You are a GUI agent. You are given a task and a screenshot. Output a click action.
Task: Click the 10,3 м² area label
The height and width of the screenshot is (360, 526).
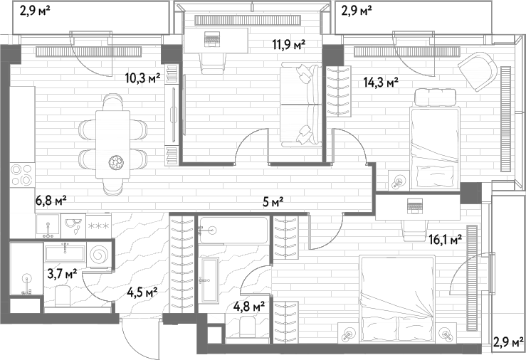[142, 79]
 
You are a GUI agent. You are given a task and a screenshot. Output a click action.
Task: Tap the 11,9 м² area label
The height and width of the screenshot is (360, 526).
[288, 44]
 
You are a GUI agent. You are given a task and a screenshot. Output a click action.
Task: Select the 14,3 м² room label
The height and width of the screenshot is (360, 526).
[381, 82]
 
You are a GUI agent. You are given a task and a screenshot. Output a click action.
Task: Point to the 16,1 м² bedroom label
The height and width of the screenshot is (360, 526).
[446, 239]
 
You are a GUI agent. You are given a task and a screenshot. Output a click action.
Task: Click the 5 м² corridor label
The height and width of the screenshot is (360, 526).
[273, 202]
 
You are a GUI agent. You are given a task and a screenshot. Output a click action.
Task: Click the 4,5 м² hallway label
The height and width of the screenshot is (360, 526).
[142, 292]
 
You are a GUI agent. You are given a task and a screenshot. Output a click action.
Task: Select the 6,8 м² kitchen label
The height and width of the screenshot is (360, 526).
[51, 201]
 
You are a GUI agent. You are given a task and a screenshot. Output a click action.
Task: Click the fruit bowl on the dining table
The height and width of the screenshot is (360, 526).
[117, 162]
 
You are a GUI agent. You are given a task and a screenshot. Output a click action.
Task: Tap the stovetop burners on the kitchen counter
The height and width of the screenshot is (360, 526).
[23, 174]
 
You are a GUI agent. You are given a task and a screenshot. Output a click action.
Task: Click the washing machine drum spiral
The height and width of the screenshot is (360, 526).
[100, 255]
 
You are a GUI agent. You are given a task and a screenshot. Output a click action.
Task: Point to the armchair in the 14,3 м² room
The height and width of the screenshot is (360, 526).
[478, 71]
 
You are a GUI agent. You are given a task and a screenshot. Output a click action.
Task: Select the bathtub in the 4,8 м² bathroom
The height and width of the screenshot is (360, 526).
[233, 230]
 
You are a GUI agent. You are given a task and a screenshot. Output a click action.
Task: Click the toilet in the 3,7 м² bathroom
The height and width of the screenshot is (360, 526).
[63, 296]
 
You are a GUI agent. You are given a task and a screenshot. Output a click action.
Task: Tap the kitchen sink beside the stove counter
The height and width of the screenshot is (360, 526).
[48, 226]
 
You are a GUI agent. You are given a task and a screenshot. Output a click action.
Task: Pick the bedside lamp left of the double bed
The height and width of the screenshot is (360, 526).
[348, 335]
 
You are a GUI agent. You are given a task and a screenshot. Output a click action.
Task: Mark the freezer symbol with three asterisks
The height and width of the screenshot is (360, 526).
[98, 226]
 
